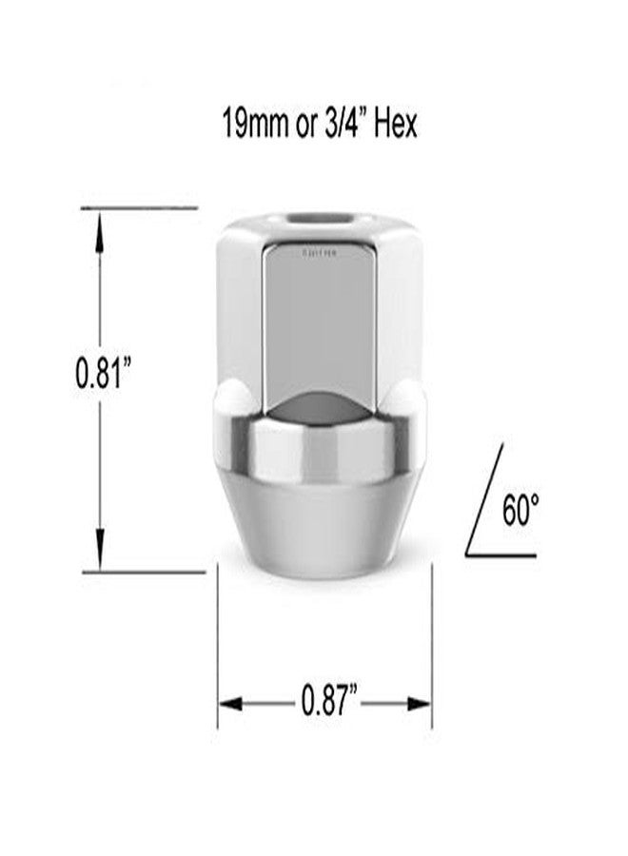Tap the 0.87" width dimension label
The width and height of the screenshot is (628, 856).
click(x=328, y=704)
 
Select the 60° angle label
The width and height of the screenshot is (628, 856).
click(x=520, y=511)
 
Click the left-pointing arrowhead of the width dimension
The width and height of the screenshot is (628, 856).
click(x=231, y=704)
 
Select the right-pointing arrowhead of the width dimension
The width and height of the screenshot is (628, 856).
click(x=420, y=704)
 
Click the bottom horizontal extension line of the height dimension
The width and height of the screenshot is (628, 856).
click(x=152, y=573)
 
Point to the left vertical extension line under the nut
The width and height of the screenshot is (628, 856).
click(x=219, y=647)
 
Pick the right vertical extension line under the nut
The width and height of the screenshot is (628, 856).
click(x=432, y=647)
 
